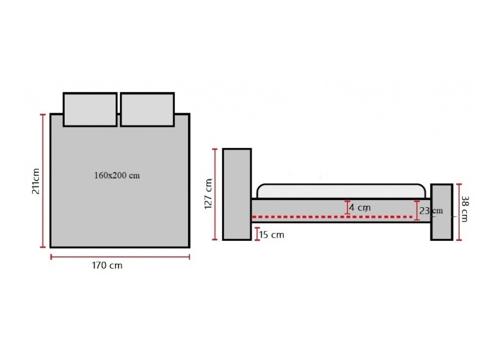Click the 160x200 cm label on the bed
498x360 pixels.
click(x=117, y=176)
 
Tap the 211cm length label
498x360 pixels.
click(x=35, y=181)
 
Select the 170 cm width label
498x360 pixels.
click(x=107, y=265)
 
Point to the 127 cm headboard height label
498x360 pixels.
click(x=208, y=194)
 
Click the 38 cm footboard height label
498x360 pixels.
click(x=464, y=209)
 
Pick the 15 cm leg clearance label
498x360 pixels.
click(x=272, y=235)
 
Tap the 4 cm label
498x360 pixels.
click(x=360, y=208)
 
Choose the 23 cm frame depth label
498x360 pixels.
click(x=431, y=211)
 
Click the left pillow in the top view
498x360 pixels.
click(x=90, y=110)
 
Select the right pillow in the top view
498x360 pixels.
click(x=147, y=110)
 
